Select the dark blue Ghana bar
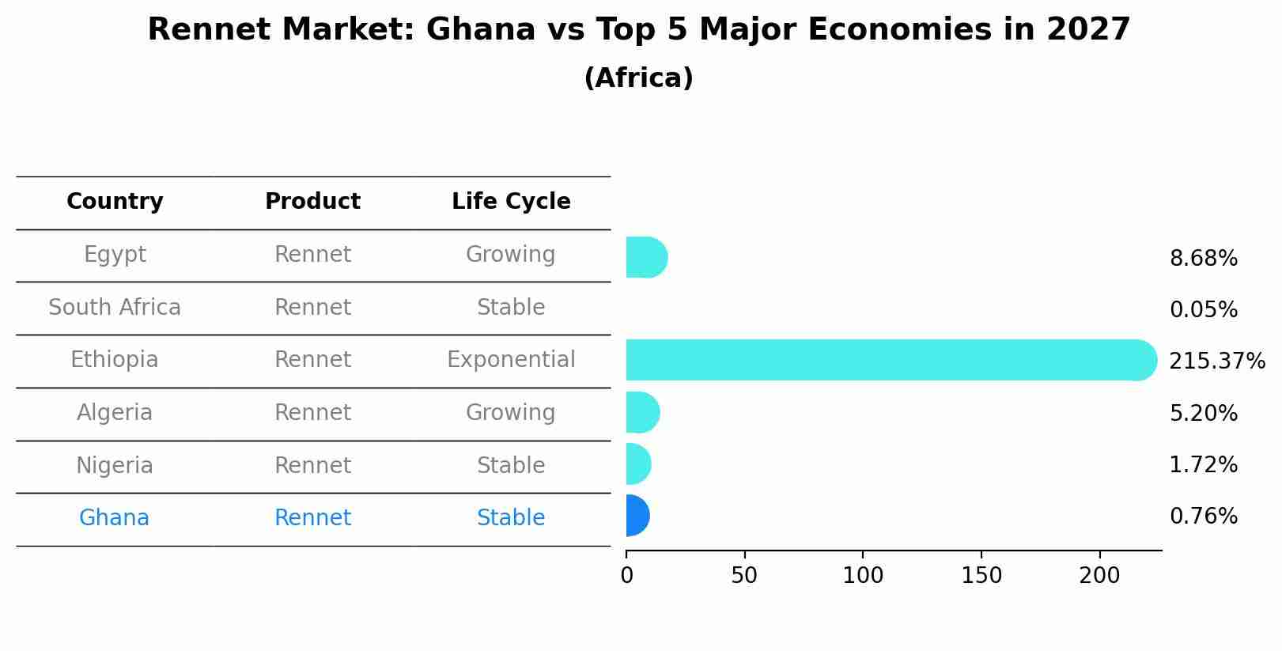click(637, 516)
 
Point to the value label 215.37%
click(1216, 361)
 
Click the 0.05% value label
click(1203, 310)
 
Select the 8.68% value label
click(1203, 259)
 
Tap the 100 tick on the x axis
click(863, 576)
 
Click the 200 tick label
click(1099, 576)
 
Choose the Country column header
click(115, 202)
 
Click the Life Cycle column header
click(511, 202)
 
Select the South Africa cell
click(115, 308)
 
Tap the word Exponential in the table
click(511, 360)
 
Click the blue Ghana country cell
click(114, 518)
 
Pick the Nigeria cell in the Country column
click(115, 466)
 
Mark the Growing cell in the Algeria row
click(511, 413)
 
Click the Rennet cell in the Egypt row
click(312, 255)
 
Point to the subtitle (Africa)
click(638, 78)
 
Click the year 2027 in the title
click(1088, 30)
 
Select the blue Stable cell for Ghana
click(511, 518)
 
